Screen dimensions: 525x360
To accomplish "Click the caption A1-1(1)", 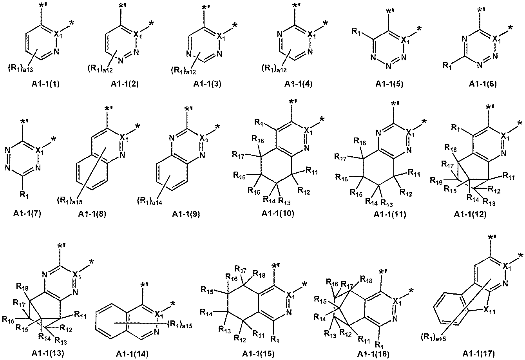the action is [x=45, y=84].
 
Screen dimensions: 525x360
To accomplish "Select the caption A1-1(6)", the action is [x=483, y=84].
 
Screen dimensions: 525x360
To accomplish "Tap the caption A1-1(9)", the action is [x=186, y=214].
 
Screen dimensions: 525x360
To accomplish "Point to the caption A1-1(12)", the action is [x=470, y=214].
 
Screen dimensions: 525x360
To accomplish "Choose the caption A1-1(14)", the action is [x=132, y=354].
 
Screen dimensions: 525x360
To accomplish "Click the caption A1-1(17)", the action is [x=479, y=353].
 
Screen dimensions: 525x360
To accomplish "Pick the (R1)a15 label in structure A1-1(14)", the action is [x=180, y=325].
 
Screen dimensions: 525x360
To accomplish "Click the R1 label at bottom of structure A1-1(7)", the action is [x=24, y=195].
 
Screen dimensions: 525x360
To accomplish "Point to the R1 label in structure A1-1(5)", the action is [x=356, y=31].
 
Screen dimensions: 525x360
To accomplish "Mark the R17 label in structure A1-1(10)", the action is [x=238, y=155].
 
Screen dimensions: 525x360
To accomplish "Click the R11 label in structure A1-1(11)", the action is [x=414, y=173].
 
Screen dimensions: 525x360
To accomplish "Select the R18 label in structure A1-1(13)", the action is [x=22, y=286].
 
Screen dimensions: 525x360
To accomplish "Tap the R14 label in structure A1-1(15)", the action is [x=206, y=312].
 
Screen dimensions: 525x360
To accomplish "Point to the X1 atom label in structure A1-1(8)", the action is [x=124, y=138].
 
